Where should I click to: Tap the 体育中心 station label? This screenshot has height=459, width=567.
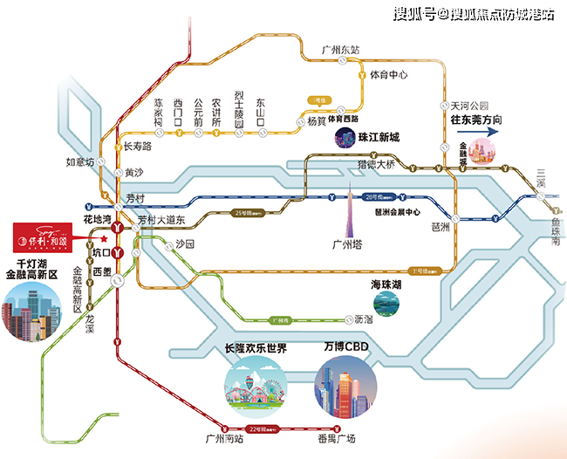tap(389, 75)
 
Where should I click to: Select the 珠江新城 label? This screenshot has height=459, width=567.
tap(379, 138)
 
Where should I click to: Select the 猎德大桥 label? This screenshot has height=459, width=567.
tap(376, 164)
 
